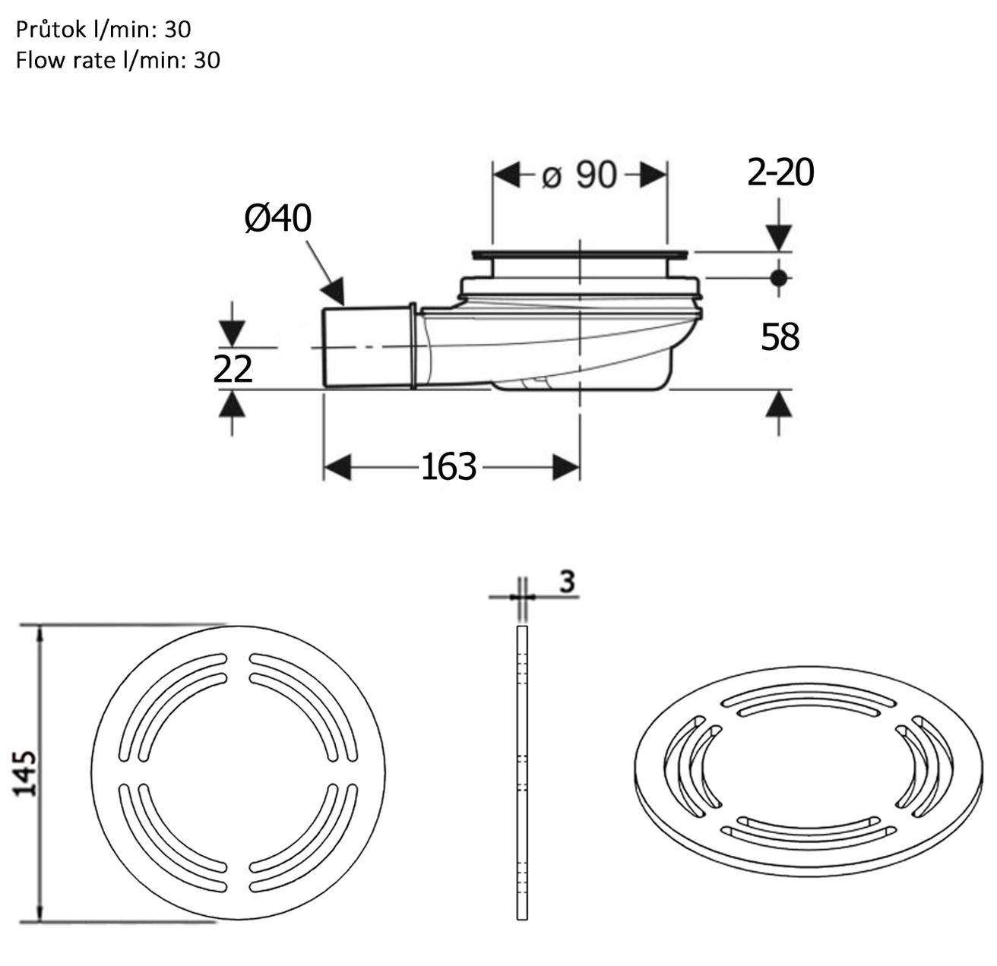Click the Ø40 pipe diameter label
(277, 219)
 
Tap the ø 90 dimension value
(579, 175)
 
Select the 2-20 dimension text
(780, 172)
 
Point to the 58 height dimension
(780, 337)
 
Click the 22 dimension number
(233, 368)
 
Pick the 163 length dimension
(448, 467)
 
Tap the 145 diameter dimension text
(25, 774)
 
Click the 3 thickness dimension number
(567, 582)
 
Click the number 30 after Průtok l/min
(178, 30)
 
